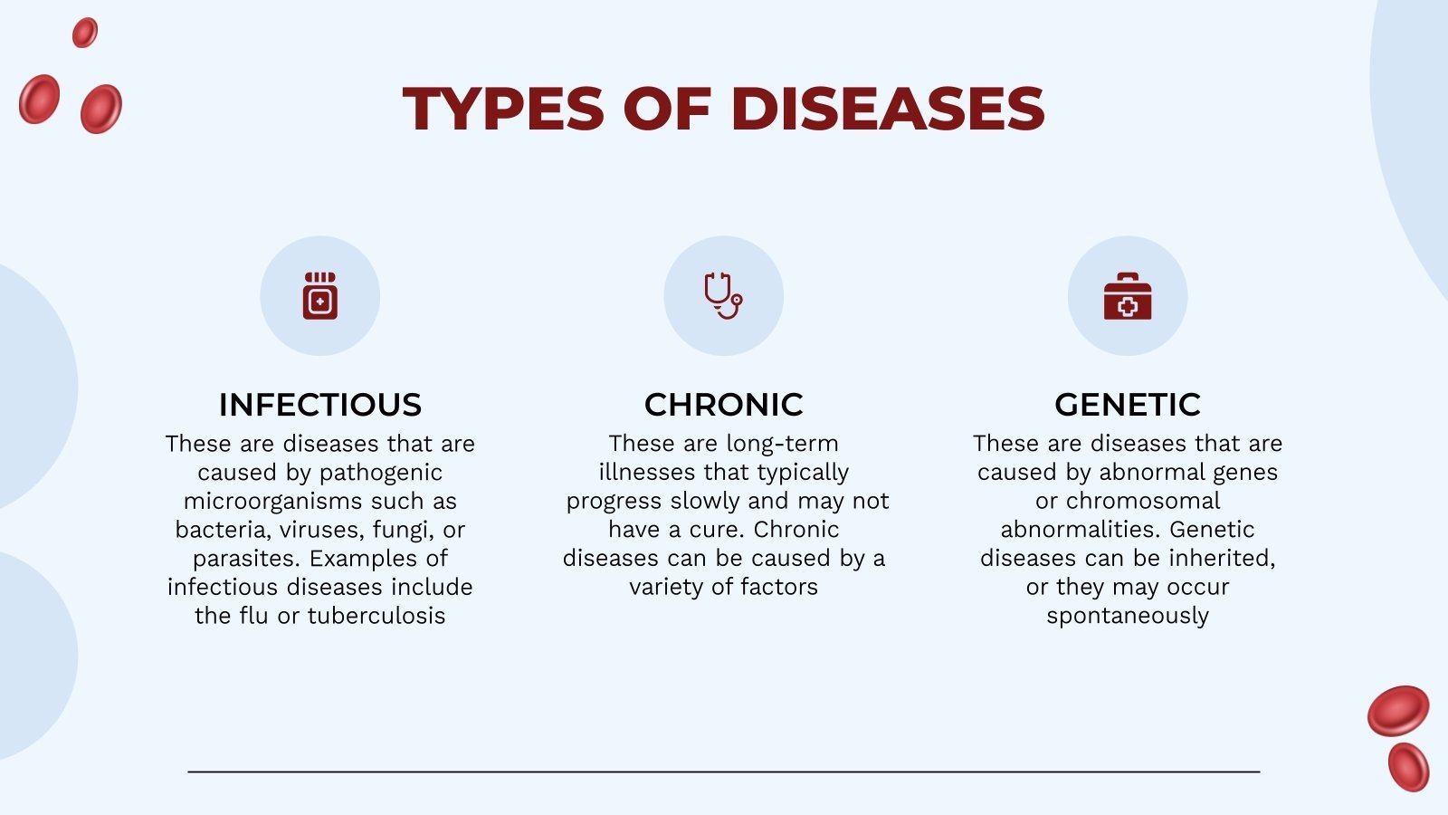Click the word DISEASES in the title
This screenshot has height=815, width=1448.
point(887,109)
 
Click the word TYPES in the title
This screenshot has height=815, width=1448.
point(503,109)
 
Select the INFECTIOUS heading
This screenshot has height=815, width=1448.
point(320,405)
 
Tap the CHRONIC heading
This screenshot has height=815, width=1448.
point(724,405)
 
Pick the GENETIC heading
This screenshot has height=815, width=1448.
point(1128,405)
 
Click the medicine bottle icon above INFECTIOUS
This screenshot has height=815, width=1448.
point(320,295)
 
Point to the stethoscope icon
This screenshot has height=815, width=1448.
point(723,295)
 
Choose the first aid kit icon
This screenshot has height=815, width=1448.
point(1128,297)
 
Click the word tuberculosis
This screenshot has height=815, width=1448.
point(376,616)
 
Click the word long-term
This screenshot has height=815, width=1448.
point(782,444)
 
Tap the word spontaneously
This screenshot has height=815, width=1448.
point(1128,616)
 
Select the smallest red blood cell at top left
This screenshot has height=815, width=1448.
point(85,33)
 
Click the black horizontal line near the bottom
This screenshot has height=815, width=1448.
point(724,772)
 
